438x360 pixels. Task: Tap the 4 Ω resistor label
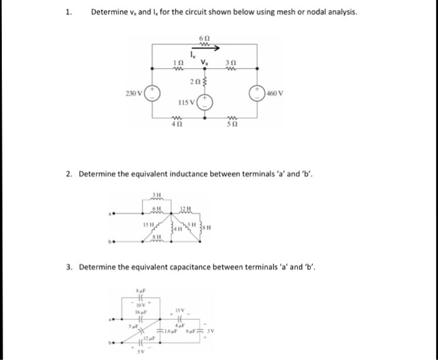(x=177, y=125)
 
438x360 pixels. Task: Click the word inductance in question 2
(x=176, y=173)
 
